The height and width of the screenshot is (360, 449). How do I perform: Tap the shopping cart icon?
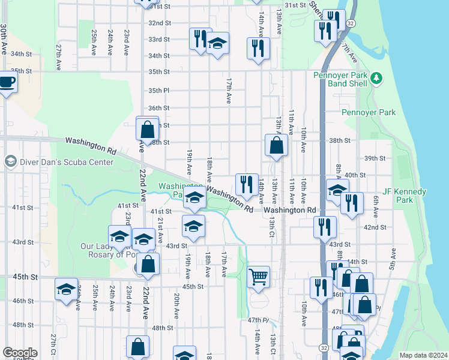pos(258,277)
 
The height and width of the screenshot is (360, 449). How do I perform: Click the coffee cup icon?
pos(7,82)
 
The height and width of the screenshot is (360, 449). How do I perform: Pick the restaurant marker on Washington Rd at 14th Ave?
pos(246,185)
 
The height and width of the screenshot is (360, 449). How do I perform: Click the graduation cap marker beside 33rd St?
pos(217,43)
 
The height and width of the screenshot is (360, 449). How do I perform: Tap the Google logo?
pos(20,353)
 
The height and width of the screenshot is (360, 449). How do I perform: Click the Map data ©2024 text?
pos(423,355)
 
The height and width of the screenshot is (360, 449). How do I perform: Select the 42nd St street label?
pos(375,227)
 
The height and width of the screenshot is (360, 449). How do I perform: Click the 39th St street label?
pos(375,158)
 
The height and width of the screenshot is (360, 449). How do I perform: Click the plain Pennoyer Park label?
pos(369,112)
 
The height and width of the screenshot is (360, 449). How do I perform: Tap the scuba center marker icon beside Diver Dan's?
pos(10,161)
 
